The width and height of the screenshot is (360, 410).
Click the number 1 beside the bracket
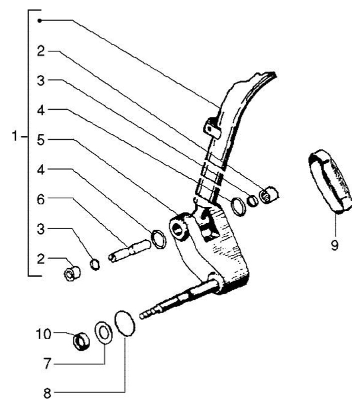click(x=17, y=136)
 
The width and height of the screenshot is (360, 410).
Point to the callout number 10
click(x=43, y=333)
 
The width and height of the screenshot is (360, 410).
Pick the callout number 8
click(x=47, y=393)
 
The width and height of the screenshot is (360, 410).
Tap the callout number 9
click(x=334, y=244)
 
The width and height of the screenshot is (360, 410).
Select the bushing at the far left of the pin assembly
click(x=73, y=274)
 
